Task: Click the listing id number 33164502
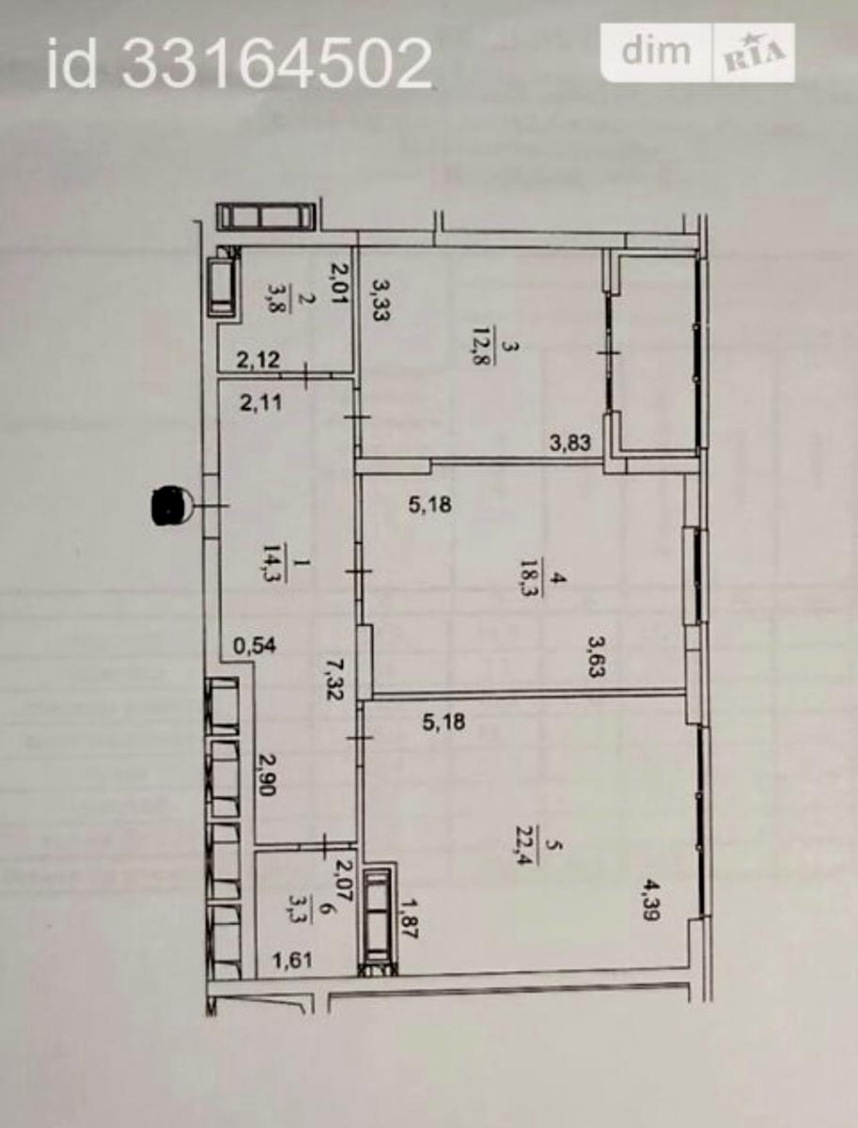pos(277,65)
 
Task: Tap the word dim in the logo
pos(656,51)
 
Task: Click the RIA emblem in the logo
pos(755,54)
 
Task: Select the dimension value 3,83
pos(570,442)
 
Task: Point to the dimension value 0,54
pos(255,645)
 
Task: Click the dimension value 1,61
pos(292,959)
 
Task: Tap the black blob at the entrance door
pos(168,507)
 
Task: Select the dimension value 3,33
pos(382,300)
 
